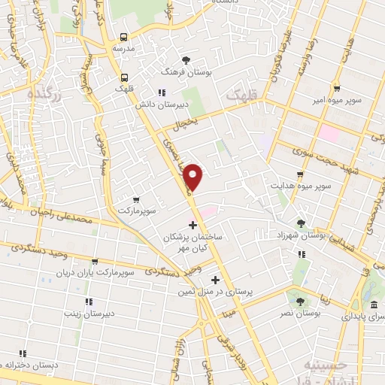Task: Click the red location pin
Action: [193, 177]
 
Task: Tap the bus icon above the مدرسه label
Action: [123, 36]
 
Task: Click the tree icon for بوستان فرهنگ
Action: [185, 59]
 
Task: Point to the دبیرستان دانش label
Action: [160, 105]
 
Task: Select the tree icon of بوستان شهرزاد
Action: [301, 223]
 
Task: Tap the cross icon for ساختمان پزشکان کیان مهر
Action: [192, 225]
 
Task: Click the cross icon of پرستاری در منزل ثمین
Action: [216, 279]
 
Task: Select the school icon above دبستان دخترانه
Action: [22, 353]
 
